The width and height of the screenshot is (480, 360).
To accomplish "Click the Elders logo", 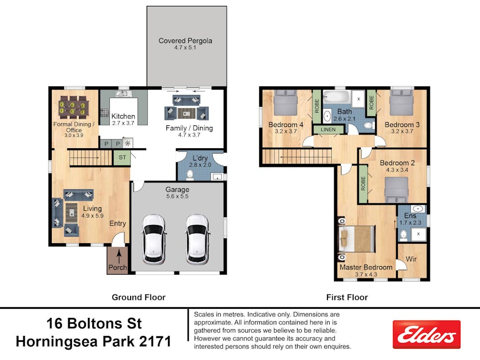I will point(426,334).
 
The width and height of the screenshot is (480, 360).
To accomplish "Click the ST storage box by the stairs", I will point(122,157).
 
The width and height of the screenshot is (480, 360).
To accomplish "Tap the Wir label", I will point(411,259).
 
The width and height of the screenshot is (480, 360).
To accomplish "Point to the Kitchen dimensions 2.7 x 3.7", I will point(123,123).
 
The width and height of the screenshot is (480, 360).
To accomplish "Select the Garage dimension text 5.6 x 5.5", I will point(177,196).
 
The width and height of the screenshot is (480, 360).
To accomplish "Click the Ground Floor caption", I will point(138,297).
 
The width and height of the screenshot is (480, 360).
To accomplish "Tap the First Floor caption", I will point(347,297).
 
